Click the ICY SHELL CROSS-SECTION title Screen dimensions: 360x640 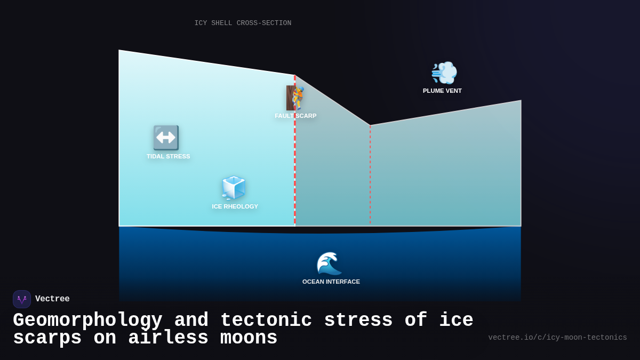[243, 23]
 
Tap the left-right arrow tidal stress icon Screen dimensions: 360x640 [166, 138]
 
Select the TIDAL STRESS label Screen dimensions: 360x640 [168, 156]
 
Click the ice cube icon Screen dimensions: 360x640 [234, 188]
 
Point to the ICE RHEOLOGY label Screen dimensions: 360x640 [235, 206]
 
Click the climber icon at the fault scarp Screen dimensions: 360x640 [295, 98]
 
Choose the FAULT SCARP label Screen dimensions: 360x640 [295, 116]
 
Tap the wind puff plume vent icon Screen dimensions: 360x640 [444, 73]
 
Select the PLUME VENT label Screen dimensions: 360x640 [442, 91]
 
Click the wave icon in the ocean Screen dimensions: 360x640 [329, 263]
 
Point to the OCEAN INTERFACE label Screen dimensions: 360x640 [331, 282]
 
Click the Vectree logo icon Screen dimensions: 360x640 [22, 299]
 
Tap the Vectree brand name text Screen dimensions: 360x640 [52, 299]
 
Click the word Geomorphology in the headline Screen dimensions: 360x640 [87, 321]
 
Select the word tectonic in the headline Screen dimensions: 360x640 [266, 321]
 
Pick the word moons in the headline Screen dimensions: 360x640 [249, 339]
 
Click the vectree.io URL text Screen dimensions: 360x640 [557, 338]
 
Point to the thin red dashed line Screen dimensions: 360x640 [370, 176]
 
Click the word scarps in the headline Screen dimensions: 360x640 [47, 339]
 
